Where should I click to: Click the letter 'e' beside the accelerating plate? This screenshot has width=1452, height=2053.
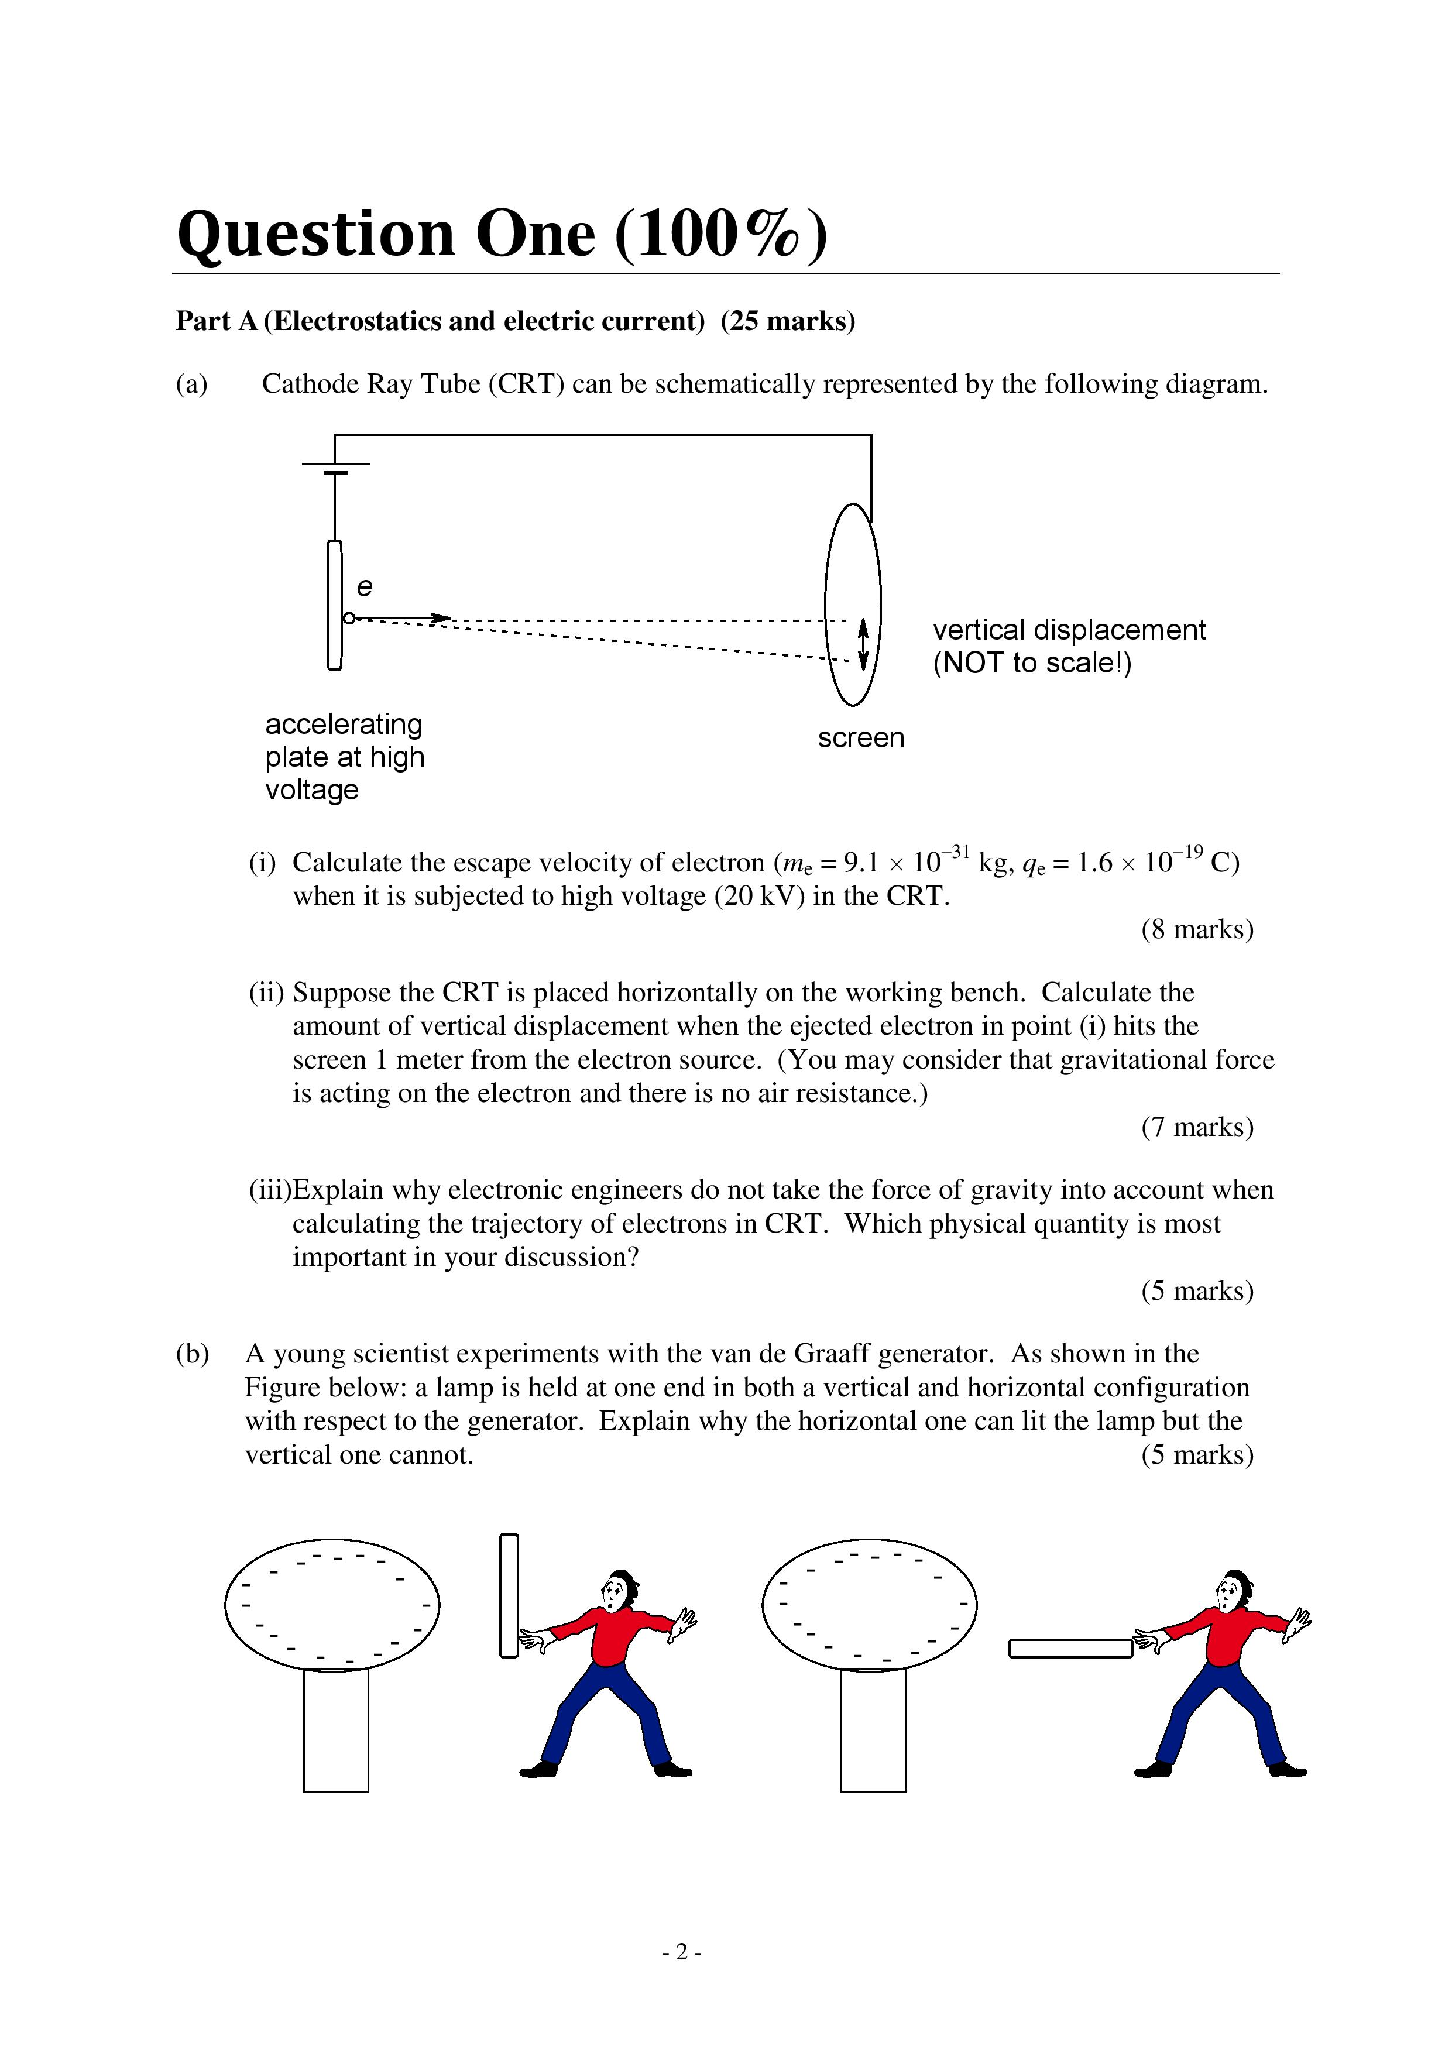(x=364, y=588)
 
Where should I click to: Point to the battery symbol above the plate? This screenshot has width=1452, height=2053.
(x=335, y=468)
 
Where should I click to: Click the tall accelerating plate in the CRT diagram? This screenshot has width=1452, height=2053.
(x=334, y=605)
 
